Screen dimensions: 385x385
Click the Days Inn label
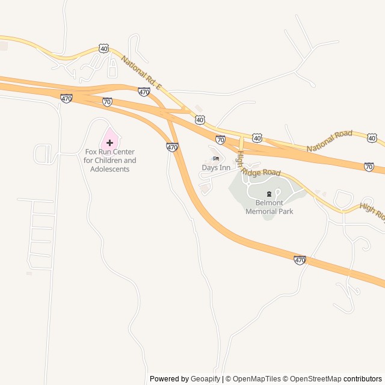(x=216, y=168)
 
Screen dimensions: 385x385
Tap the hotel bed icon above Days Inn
(x=216, y=158)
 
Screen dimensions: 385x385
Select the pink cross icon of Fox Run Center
(x=109, y=143)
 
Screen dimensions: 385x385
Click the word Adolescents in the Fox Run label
(x=109, y=169)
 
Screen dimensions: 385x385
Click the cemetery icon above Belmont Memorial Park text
(x=269, y=194)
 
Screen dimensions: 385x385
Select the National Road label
(x=329, y=141)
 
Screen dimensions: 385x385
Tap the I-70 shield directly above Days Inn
(x=221, y=140)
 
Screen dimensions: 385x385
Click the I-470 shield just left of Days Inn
(x=173, y=147)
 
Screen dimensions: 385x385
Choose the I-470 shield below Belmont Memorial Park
(x=300, y=260)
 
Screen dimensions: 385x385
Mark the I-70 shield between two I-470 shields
(x=107, y=102)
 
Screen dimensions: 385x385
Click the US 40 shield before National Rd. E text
(x=105, y=48)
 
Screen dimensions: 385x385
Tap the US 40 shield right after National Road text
(x=372, y=138)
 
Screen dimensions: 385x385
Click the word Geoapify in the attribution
(x=206, y=379)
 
